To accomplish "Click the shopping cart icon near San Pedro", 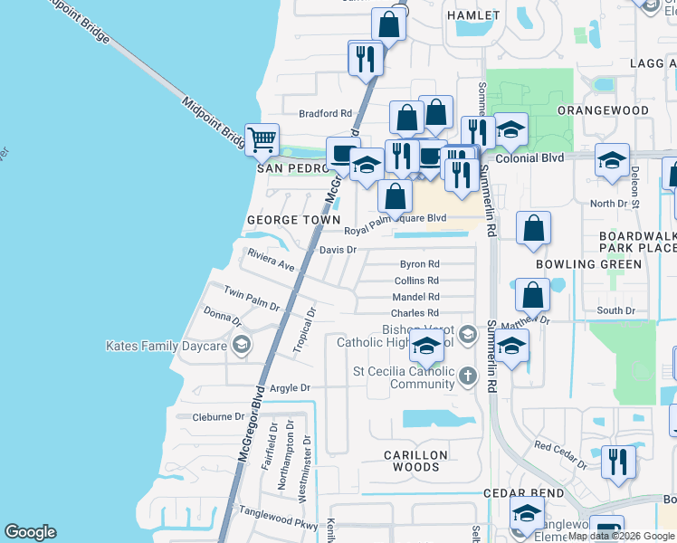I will (262, 139).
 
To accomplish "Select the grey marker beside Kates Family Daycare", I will (241, 345).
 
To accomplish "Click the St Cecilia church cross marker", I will (467, 375).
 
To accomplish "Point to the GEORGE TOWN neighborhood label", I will (293, 220).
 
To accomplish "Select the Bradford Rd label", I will (325, 113).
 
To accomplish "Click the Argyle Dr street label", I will (290, 387).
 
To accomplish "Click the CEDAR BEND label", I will (523, 493).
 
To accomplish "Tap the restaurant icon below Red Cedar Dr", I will (618, 462).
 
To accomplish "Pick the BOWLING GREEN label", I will (588, 264).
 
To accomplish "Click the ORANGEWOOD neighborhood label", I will (603, 110).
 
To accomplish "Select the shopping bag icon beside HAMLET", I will (389, 24).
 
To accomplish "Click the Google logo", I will (31, 532).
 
